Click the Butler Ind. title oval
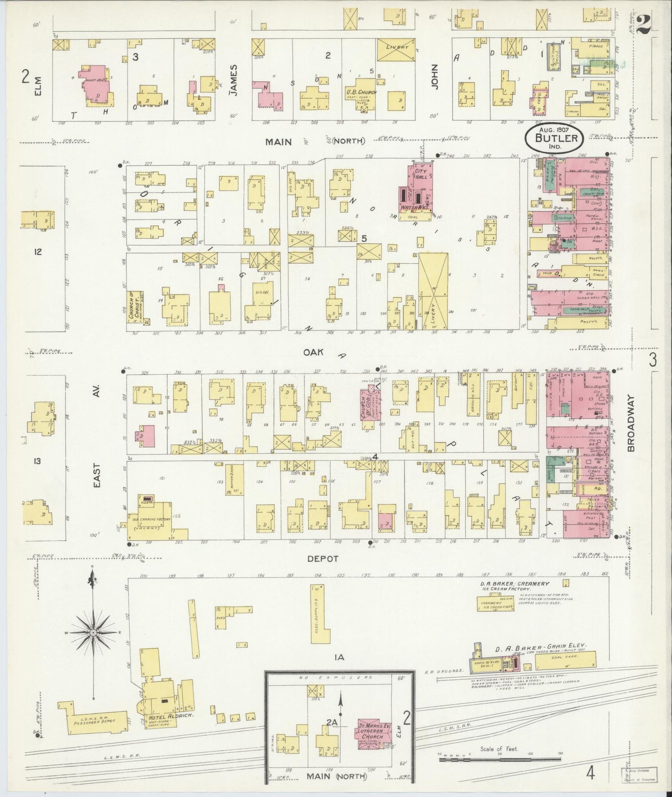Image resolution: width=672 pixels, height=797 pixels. pos(556,138)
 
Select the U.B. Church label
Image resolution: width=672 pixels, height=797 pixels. pos(361,92)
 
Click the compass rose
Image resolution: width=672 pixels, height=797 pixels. pos(93,633)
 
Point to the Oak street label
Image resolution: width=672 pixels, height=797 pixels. pos(313,352)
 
